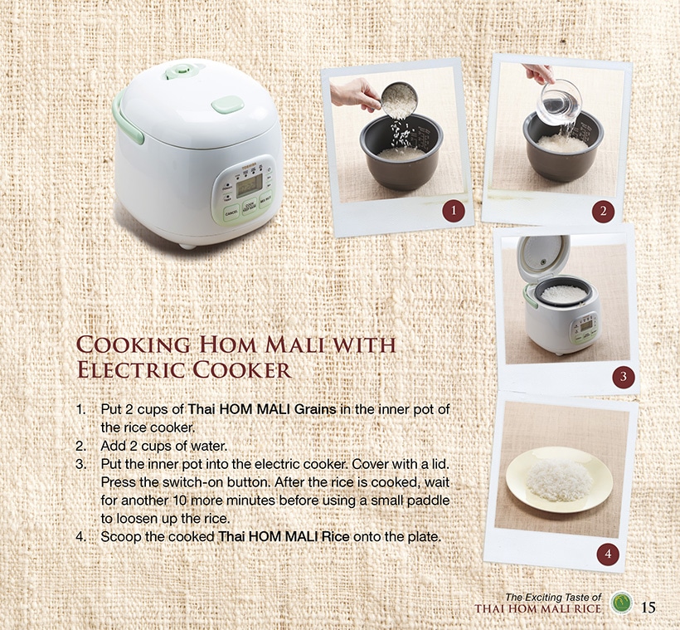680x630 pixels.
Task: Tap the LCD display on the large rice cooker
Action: pyautogui.click(x=249, y=185)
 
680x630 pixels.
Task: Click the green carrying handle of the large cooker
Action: pyautogui.click(x=127, y=118)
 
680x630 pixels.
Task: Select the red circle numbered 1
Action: pyautogui.click(x=454, y=211)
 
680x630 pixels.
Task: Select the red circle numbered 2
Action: pyautogui.click(x=603, y=212)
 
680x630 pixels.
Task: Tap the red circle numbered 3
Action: pyautogui.click(x=623, y=377)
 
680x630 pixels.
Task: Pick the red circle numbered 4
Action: pyautogui.click(x=608, y=554)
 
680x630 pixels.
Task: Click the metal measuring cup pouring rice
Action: pyautogui.click(x=398, y=100)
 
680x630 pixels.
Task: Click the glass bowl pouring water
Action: pyautogui.click(x=559, y=100)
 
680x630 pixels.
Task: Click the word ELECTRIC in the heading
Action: pyautogui.click(x=131, y=370)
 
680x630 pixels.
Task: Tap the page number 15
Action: pyautogui.click(x=648, y=607)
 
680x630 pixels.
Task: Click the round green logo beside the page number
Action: pyautogui.click(x=622, y=603)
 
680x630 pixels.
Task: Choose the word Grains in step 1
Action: pyautogui.click(x=315, y=409)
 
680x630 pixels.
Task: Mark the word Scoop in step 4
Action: pyautogui.click(x=120, y=537)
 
